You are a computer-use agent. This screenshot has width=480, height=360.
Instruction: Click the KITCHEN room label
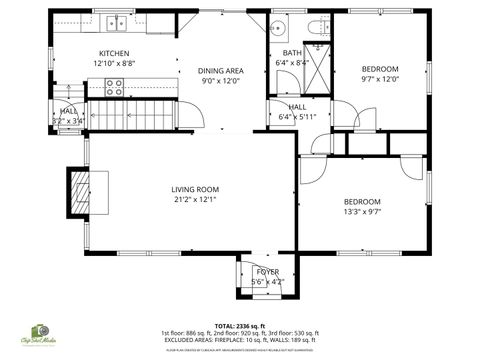click(113, 53)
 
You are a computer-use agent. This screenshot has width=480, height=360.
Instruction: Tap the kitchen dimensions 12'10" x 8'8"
click(113, 64)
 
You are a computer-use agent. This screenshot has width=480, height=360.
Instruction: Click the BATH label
click(291, 53)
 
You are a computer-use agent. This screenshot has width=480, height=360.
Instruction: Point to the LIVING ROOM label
click(195, 189)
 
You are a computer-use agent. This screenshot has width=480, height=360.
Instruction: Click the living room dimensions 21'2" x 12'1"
click(195, 199)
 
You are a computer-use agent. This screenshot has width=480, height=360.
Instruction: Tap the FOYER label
click(267, 272)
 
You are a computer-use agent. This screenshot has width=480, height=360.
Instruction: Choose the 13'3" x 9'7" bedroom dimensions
click(362, 211)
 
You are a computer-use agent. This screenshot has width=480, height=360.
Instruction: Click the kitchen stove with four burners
click(113, 87)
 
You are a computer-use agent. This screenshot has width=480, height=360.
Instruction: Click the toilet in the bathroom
click(315, 26)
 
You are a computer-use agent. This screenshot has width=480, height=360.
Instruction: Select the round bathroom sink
click(279, 27)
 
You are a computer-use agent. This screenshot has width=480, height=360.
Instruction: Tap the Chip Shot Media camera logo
click(40, 331)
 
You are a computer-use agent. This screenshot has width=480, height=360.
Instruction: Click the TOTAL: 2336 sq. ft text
click(239, 325)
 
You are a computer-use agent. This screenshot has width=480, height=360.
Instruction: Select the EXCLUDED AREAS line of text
click(239, 340)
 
